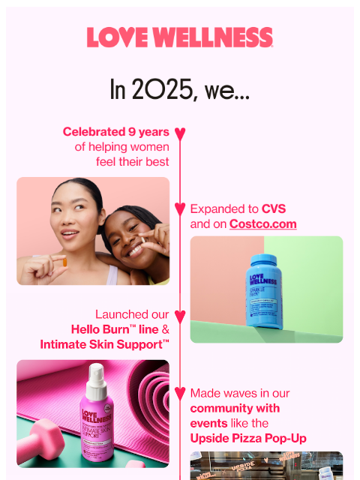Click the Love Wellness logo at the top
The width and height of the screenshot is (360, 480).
click(x=180, y=37)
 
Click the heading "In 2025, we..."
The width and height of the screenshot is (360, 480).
click(x=180, y=91)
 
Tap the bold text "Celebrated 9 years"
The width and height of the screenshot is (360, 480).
click(x=116, y=132)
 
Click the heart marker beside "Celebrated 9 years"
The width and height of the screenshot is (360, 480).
click(x=180, y=134)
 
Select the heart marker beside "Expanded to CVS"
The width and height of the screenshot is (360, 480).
click(x=180, y=208)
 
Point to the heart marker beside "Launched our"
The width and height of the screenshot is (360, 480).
click(x=180, y=316)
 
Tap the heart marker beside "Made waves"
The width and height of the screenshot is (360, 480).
click(x=180, y=393)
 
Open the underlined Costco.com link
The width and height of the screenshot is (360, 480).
click(x=262, y=224)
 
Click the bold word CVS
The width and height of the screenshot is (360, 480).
click(x=274, y=208)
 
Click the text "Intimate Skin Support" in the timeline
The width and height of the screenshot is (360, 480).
click(x=105, y=344)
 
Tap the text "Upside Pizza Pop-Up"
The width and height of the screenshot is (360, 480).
click(x=248, y=438)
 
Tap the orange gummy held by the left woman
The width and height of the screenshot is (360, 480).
click(x=64, y=262)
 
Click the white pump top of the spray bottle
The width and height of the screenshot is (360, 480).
click(x=96, y=373)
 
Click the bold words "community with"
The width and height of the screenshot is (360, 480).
click(x=235, y=408)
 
